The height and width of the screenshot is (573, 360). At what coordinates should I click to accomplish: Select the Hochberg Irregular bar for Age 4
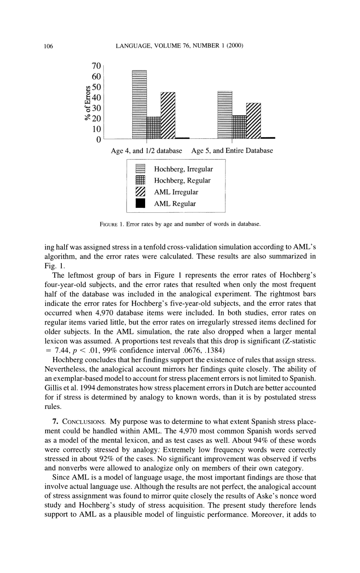[139, 105]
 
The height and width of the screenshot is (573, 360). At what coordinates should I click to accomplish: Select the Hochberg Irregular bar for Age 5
[225, 115]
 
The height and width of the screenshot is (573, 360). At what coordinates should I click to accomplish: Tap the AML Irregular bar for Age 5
[254, 121]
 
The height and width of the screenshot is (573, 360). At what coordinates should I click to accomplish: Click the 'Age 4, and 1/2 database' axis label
[146, 151]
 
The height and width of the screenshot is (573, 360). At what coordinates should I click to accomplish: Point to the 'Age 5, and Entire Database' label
[232, 151]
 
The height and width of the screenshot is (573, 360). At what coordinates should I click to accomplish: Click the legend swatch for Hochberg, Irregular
[140, 169]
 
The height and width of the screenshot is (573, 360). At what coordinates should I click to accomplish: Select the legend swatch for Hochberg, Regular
[140, 181]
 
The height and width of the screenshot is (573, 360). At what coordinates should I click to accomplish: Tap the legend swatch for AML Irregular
[140, 192]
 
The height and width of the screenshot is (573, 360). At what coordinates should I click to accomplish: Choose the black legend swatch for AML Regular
[140, 204]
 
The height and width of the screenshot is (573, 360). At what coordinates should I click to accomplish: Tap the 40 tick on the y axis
[97, 97]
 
